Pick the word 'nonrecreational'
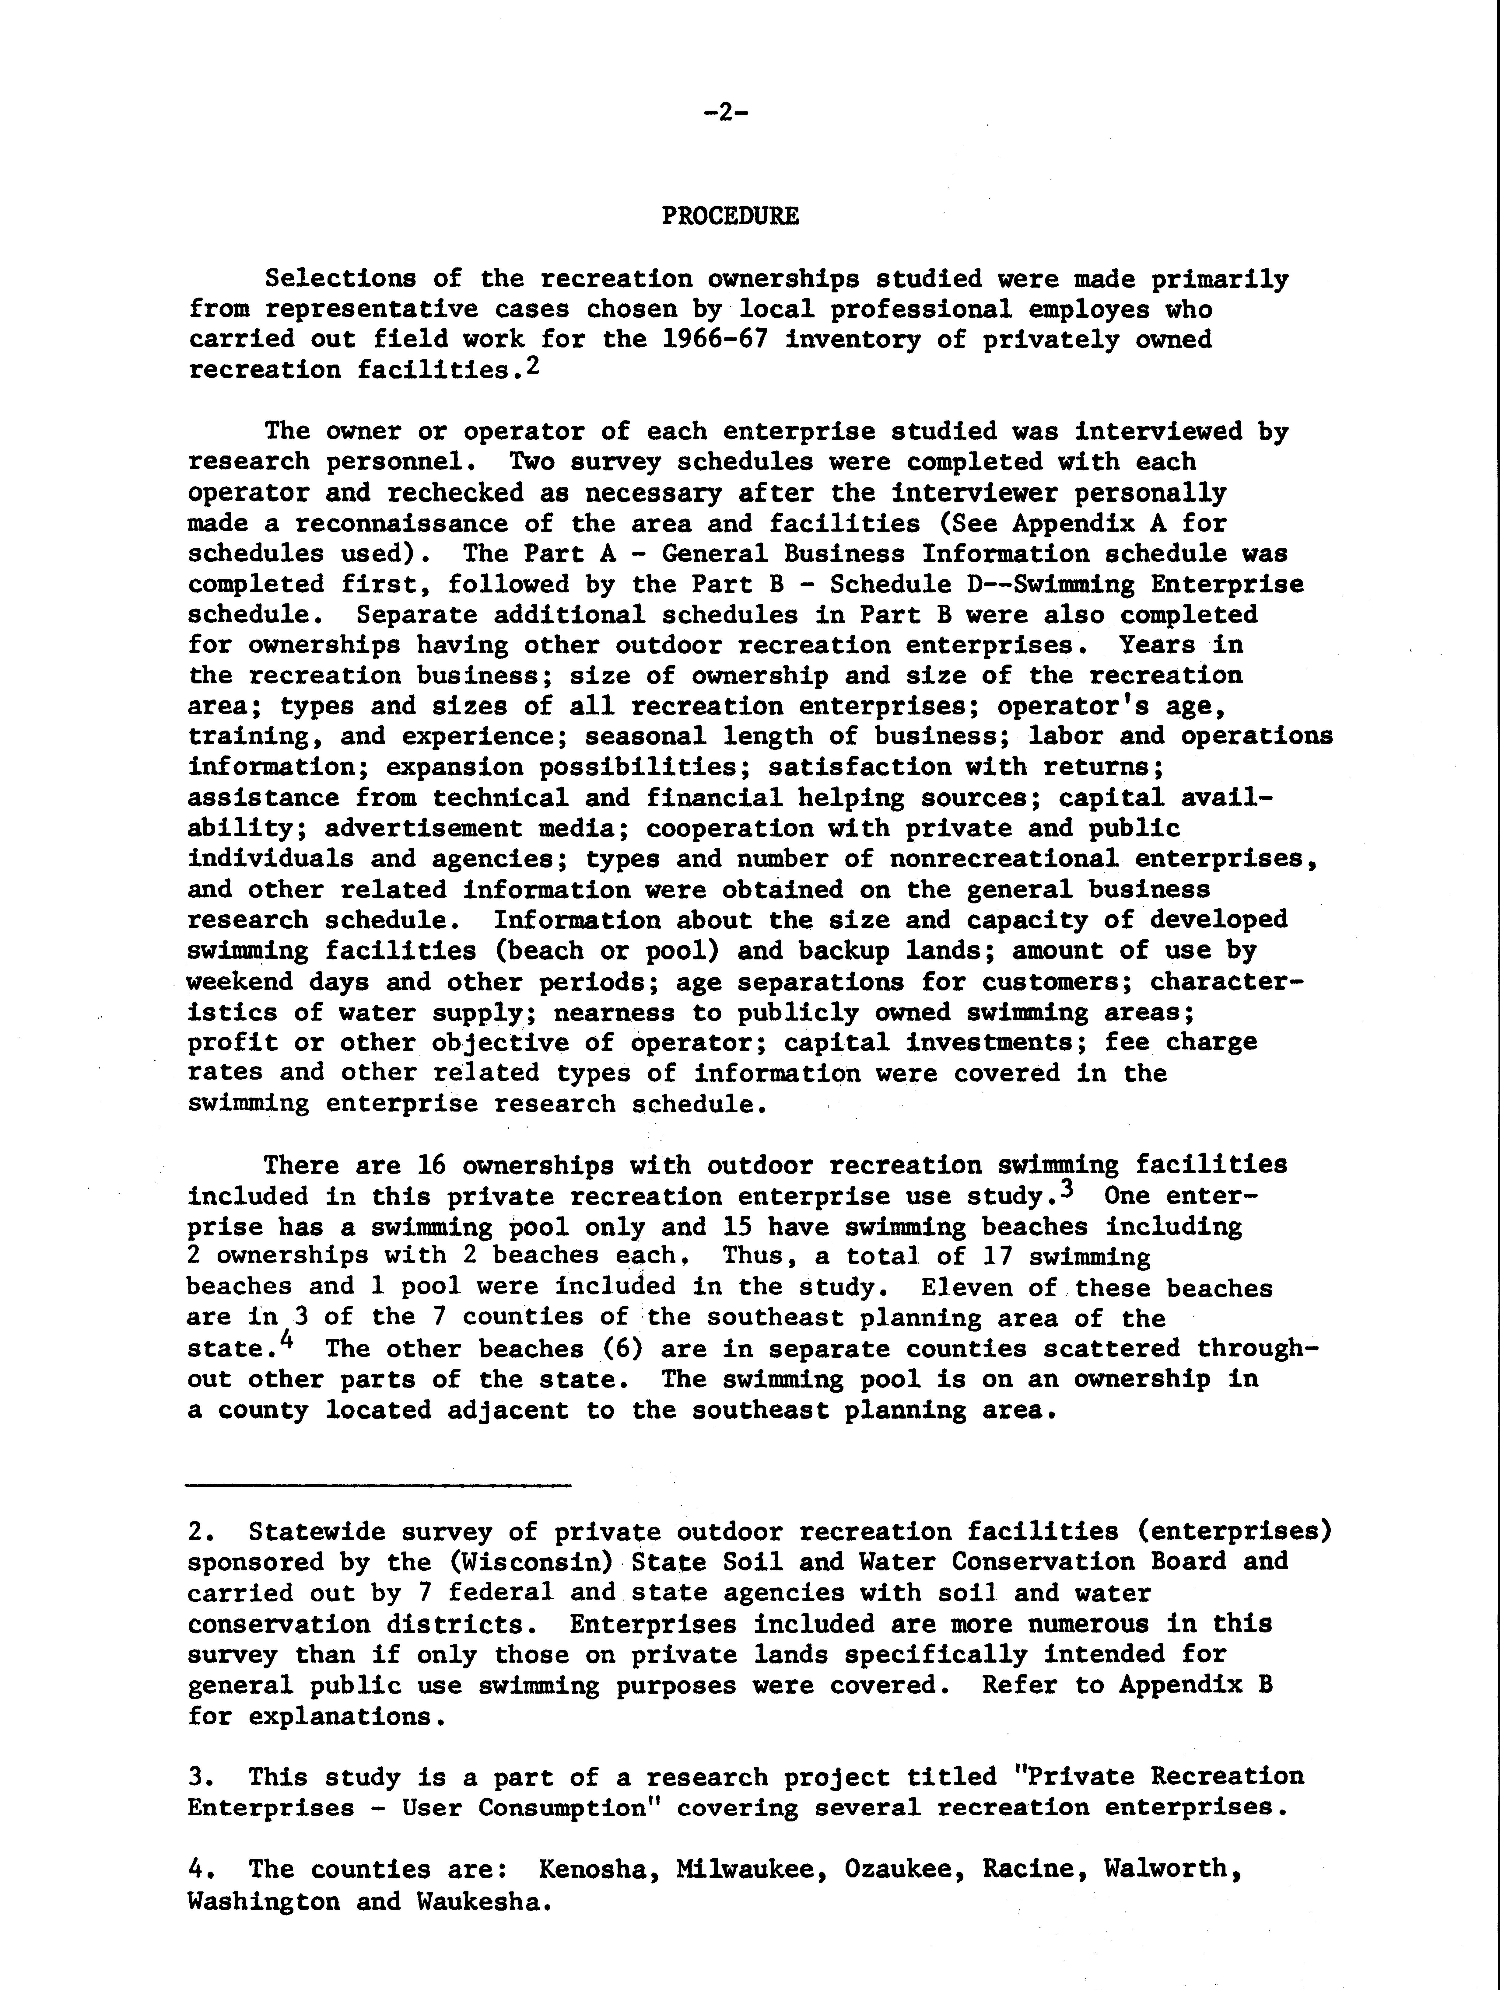(x=1003, y=859)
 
